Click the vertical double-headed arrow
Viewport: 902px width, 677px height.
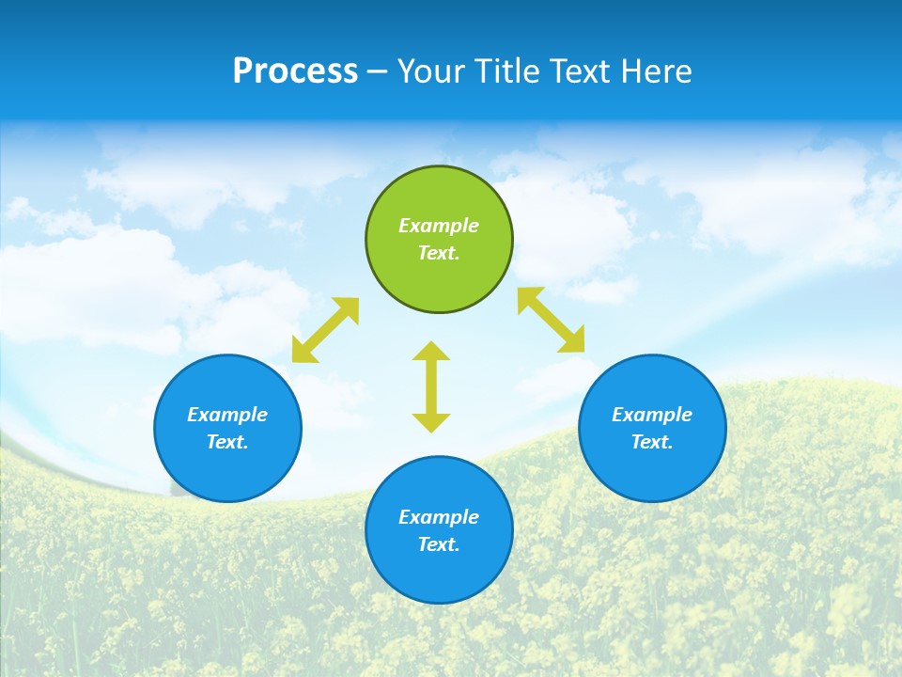pos(431,386)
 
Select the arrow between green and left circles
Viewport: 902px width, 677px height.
pos(325,330)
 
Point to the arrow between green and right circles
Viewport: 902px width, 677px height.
pos(551,320)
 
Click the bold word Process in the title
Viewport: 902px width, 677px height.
pos(295,71)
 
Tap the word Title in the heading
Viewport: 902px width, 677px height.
pos(508,71)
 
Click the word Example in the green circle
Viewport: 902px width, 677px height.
pos(439,226)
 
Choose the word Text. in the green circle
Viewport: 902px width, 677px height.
pos(439,253)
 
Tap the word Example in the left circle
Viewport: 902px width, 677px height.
pos(227,415)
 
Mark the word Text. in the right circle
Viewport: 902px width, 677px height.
pos(652,442)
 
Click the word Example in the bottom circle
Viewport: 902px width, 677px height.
pos(439,517)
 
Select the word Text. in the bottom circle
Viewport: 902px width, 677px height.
pos(439,544)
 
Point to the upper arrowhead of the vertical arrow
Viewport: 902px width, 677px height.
pos(431,352)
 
